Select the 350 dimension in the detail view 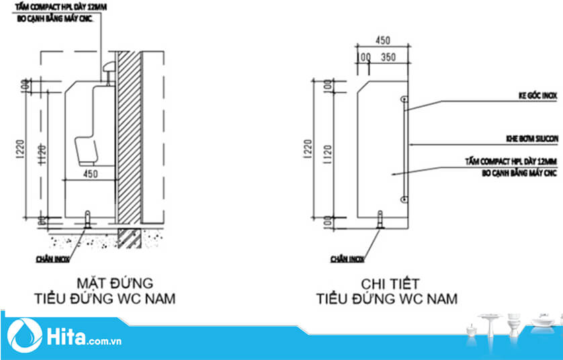tap(388, 58)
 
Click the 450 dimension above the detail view tap(382, 40)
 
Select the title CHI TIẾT tap(388, 282)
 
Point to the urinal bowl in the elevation tap(86, 148)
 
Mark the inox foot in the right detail tap(381, 219)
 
